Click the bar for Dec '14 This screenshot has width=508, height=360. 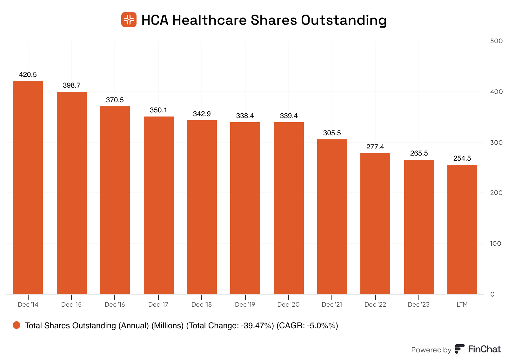click(x=28, y=187)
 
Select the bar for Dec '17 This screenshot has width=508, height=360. click(x=159, y=205)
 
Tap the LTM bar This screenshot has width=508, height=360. click(x=462, y=229)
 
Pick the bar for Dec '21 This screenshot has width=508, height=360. click(x=332, y=217)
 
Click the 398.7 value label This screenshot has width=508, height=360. click(x=72, y=85)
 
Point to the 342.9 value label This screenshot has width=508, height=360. click(x=202, y=114)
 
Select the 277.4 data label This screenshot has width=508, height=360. click(x=375, y=147)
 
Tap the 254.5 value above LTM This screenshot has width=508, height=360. click(x=462, y=158)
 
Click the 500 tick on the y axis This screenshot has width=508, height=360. click(x=496, y=41)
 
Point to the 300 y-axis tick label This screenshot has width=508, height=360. click(x=496, y=143)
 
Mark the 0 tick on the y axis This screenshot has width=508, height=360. click(x=492, y=294)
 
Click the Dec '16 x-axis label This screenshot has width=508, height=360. click(x=115, y=304)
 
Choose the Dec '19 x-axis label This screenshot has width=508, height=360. click(x=245, y=304)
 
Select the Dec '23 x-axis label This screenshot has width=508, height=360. click(x=418, y=304)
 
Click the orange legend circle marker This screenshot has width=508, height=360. click(x=17, y=325)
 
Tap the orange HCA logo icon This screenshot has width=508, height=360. click(x=129, y=20)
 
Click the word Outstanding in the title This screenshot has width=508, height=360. click(x=344, y=20)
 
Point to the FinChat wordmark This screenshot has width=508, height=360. click(x=485, y=349)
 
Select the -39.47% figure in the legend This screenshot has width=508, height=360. click(x=257, y=326)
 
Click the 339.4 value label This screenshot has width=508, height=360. click(x=289, y=116)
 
